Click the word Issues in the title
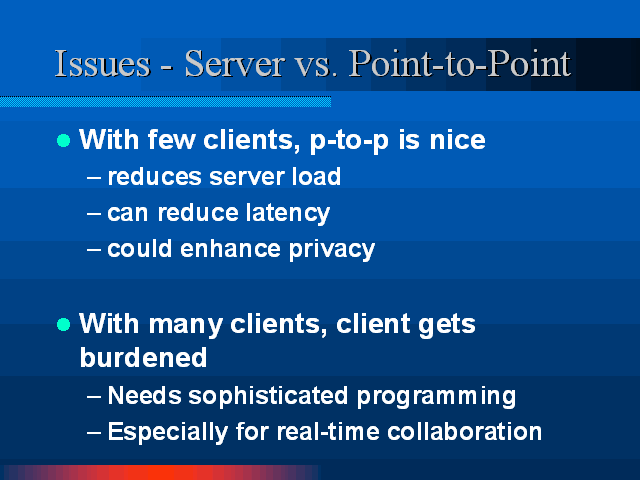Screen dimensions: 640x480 pyautogui.click(x=103, y=63)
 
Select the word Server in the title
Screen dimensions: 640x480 pyautogui.click(x=235, y=63)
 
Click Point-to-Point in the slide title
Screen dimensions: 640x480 pyautogui.click(x=460, y=63)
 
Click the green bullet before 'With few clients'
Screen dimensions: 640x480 pyautogui.click(x=64, y=141)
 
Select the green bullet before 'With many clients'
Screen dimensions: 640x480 pyautogui.click(x=64, y=325)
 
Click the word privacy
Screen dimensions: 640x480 pyautogui.click(x=332, y=250)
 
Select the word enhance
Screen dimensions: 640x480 pyautogui.click(x=231, y=249)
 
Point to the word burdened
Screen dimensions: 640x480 pyautogui.click(x=143, y=358)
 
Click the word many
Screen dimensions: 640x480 pyautogui.click(x=186, y=326)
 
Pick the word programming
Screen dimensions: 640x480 pyautogui.click(x=436, y=397)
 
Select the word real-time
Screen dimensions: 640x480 pyautogui.click(x=328, y=431)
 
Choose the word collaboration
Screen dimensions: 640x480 pyautogui.click(x=464, y=431)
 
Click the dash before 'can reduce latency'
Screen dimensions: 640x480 pyautogui.click(x=93, y=213)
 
